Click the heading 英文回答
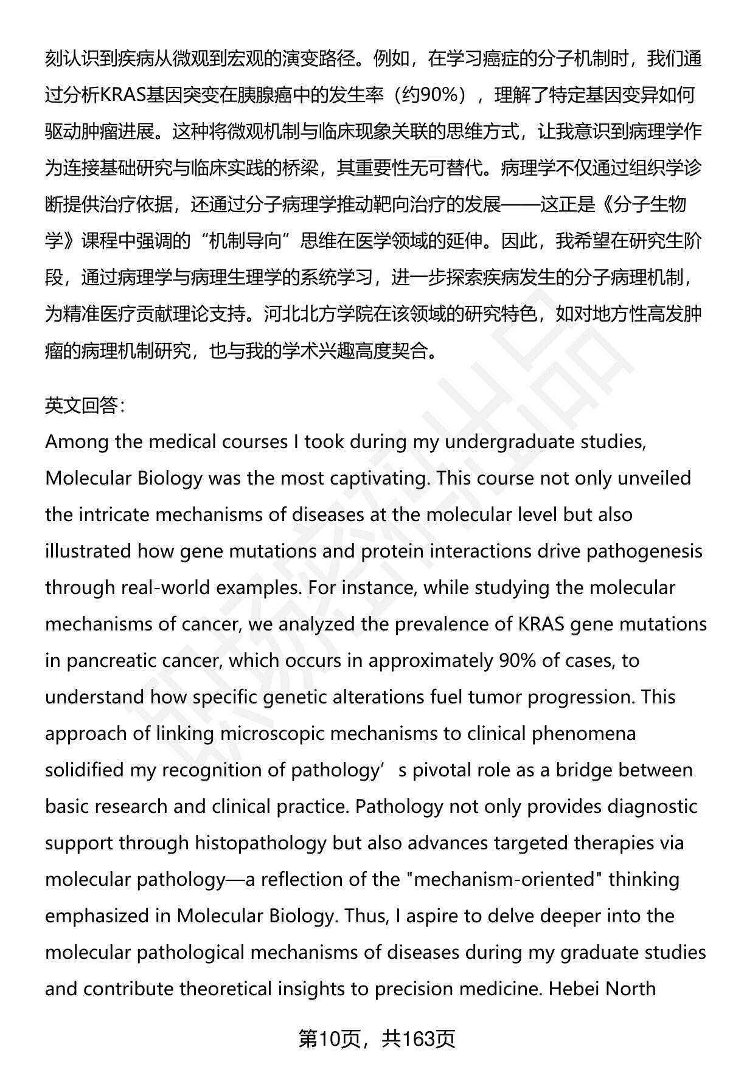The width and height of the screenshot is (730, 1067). click(x=85, y=405)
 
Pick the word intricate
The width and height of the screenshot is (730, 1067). click(x=114, y=514)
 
